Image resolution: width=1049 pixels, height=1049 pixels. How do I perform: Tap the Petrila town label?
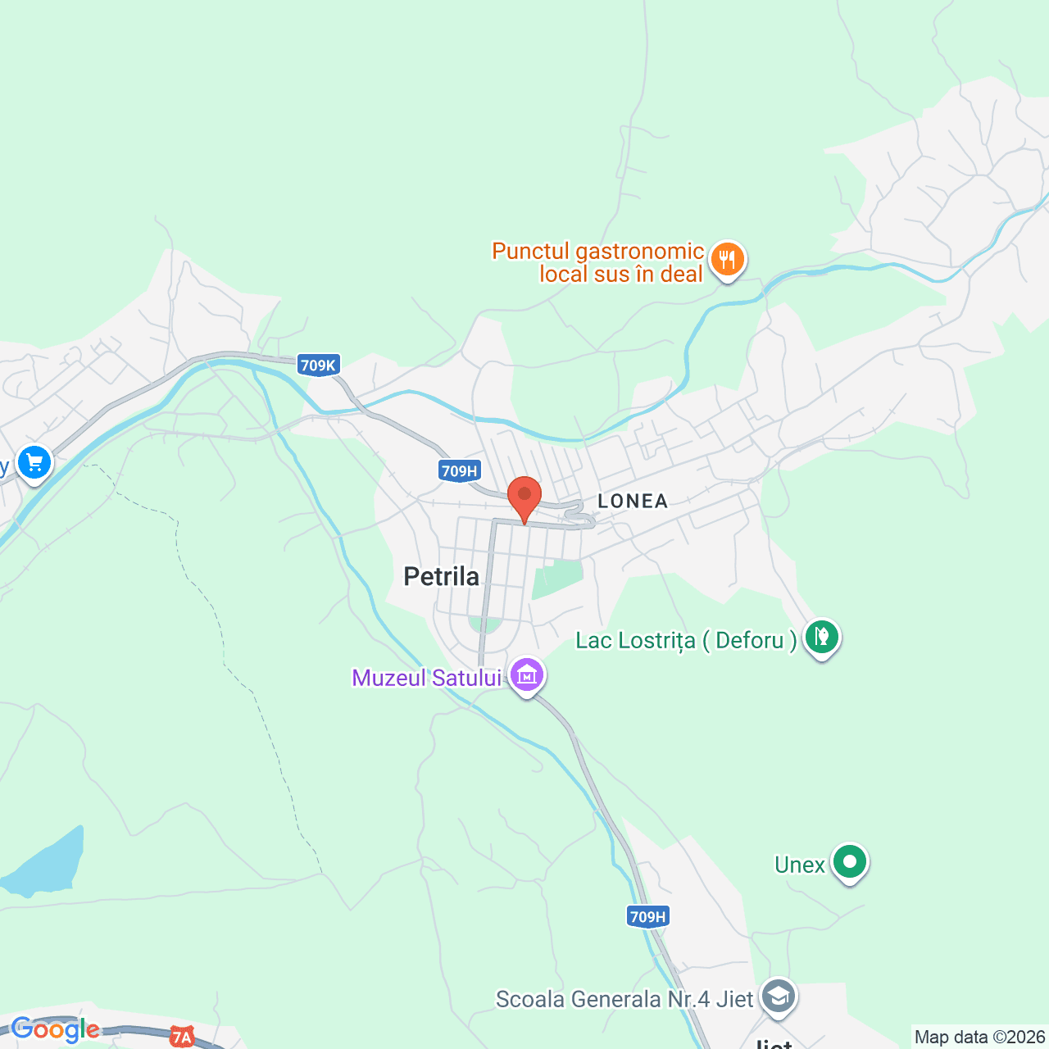tap(441, 577)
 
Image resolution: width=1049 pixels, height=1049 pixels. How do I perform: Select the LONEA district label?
tap(633, 501)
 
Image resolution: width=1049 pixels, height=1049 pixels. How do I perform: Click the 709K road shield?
tap(318, 366)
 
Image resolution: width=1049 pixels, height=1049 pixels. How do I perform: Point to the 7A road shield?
tap(181, 1038)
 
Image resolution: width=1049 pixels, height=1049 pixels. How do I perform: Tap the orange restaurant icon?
tap(726, 260)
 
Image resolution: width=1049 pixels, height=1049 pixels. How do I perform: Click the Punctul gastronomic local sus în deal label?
tap(598, 262)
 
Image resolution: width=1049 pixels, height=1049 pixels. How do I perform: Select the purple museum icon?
tap(527, 675)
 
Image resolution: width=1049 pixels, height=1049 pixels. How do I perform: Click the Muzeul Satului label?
tap(426, 678)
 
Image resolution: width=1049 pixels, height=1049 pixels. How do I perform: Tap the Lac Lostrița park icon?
tap(821, 637)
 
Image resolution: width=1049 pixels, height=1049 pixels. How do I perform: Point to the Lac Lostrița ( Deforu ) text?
tap(686, 640)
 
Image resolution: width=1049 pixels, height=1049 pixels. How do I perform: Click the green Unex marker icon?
tap(850, 862)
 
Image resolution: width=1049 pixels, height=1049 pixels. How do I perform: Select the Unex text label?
tap(799, 865)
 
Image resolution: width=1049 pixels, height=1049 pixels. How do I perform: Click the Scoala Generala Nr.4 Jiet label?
tap(624, 999)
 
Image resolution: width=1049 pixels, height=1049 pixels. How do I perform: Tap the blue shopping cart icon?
tap(34, 463)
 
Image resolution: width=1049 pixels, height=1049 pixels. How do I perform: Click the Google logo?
tap(55, 1029)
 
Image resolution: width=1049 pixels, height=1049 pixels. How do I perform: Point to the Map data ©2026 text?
tap(979, 1038)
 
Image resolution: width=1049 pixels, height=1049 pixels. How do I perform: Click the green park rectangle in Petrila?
tap(557, 579)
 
